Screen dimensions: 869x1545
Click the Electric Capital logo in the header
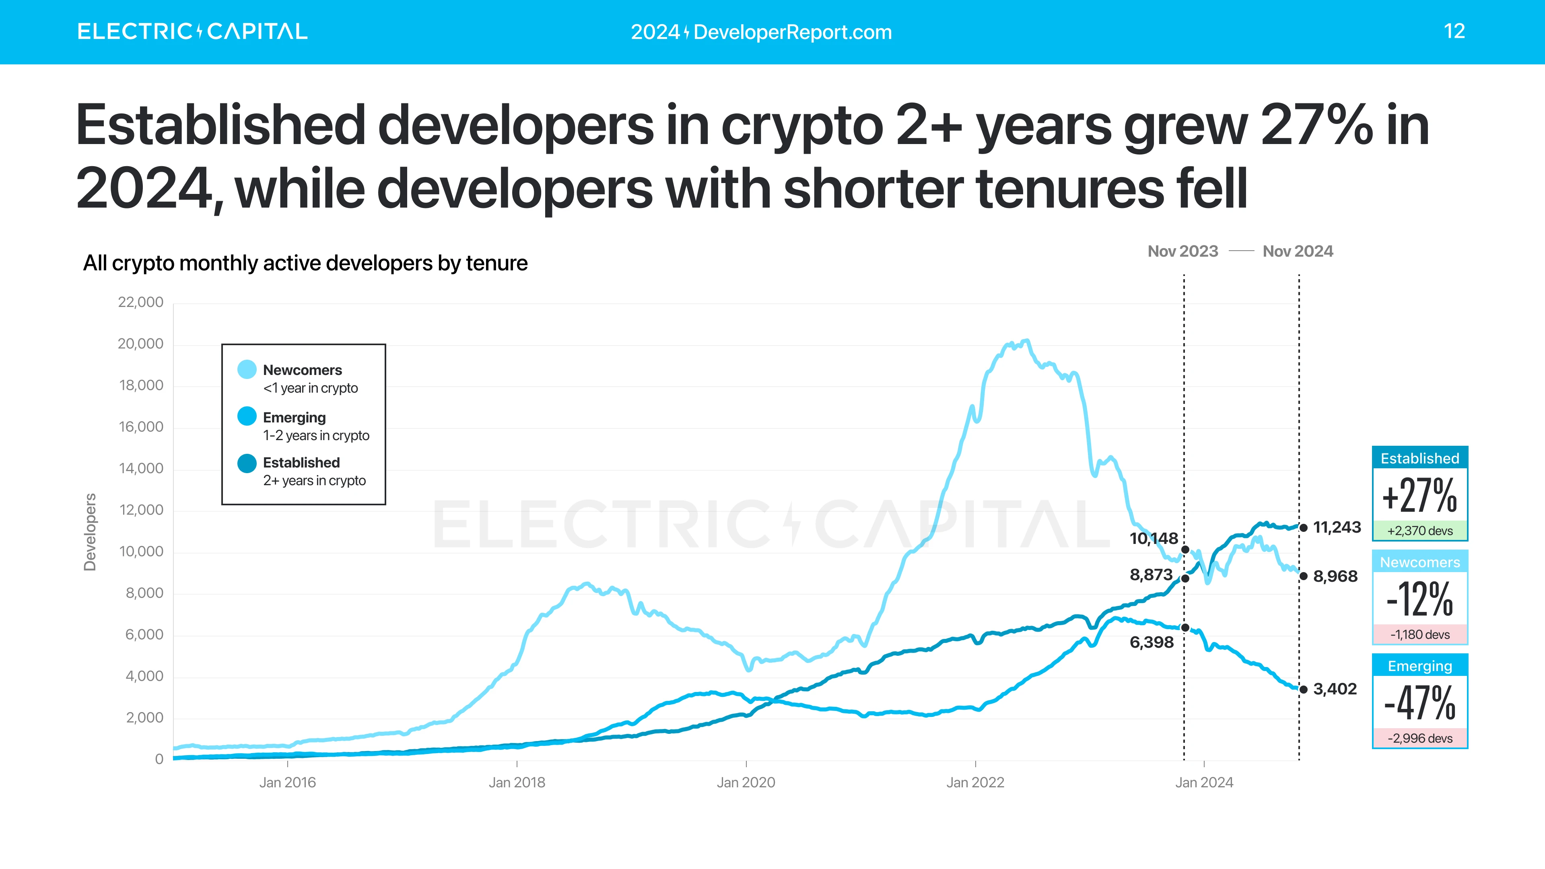[x=192, y=31]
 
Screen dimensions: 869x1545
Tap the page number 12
[x=1454, y=31]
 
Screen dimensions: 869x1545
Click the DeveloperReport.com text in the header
[x=792, y=32]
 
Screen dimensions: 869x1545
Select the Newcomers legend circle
[x=247, y=369]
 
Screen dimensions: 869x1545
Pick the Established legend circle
[x=247, y=463]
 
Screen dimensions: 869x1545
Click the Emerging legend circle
[x=247, y=416]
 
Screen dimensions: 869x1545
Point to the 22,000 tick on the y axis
[x=140, y=302]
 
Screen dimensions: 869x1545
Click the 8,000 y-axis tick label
[x=144, y=593]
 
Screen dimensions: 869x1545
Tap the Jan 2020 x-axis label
[x=746, y=783]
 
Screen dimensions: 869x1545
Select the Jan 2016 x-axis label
[x=287, y=783]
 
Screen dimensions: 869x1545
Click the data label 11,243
[x=1337, y=528]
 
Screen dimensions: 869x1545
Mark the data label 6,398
[x=1152, y=642]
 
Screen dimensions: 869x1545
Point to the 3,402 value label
[x=1335, y=689]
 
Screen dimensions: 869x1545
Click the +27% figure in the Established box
[x=1419, y=496]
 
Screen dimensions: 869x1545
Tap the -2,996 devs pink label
[x=1419, y=738]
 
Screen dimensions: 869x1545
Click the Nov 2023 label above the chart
[x=1183, y=251]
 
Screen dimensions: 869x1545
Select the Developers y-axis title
[x=90, y=532]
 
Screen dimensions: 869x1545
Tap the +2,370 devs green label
[x=1419, y=531]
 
